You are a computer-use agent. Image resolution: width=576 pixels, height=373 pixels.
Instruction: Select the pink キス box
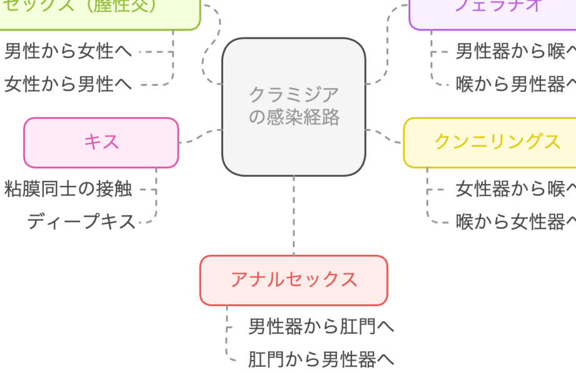pos(101,143)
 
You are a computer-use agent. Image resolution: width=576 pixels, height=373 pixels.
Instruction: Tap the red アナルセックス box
pos(293,280)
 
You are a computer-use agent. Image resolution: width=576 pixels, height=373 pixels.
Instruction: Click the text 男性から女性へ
pos(68,51)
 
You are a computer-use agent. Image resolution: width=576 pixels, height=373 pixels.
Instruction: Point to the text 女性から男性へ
pos(68,84)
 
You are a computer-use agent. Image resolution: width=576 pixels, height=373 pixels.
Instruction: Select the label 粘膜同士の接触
pos(68,188)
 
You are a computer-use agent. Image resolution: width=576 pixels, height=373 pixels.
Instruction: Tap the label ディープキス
pos(81,222)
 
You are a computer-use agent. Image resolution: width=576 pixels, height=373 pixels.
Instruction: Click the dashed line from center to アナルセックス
pos(293,216)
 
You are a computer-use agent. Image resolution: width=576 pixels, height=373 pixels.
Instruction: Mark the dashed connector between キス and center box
pos(200,136)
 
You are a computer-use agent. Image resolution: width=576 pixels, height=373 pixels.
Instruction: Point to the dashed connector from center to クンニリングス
pos(384,136)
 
